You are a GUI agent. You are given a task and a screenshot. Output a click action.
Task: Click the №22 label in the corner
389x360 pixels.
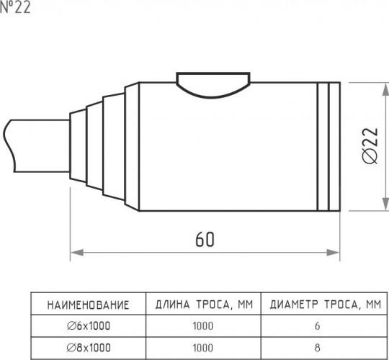click(x=15, y=7)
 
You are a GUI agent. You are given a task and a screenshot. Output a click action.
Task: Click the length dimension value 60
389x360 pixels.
click(x=205, y=240)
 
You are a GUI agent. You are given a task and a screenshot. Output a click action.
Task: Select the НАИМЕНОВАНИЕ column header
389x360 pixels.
click(x=88, y=305)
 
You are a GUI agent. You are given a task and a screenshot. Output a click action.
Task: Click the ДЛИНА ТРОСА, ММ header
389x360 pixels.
click(x=204, y=305)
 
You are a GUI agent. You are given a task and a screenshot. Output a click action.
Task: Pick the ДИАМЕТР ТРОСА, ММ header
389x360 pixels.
click(x=325, y=305)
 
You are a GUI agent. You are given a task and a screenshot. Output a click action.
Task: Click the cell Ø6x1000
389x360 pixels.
click(x=89, y=325)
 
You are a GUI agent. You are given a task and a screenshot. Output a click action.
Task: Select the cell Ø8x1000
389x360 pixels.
click(x=89, y=348)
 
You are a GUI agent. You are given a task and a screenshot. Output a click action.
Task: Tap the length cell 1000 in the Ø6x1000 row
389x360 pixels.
click(x=203, y=325)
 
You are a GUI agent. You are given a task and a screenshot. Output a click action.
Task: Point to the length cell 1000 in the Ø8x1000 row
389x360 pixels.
click(x=203, y=348)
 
